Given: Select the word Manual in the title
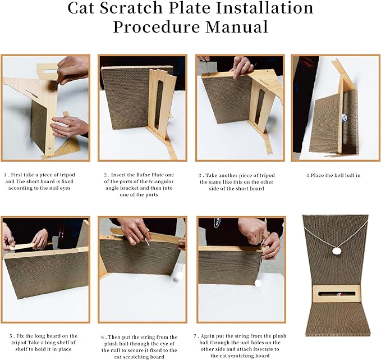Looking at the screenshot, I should pos(238,26).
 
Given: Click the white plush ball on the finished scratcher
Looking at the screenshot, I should pos(337,252).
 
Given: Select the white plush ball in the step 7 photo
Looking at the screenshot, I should pos(259,283).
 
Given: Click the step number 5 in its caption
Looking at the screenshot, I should pos(11,338).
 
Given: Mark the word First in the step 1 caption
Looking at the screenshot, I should pos(23,175).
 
